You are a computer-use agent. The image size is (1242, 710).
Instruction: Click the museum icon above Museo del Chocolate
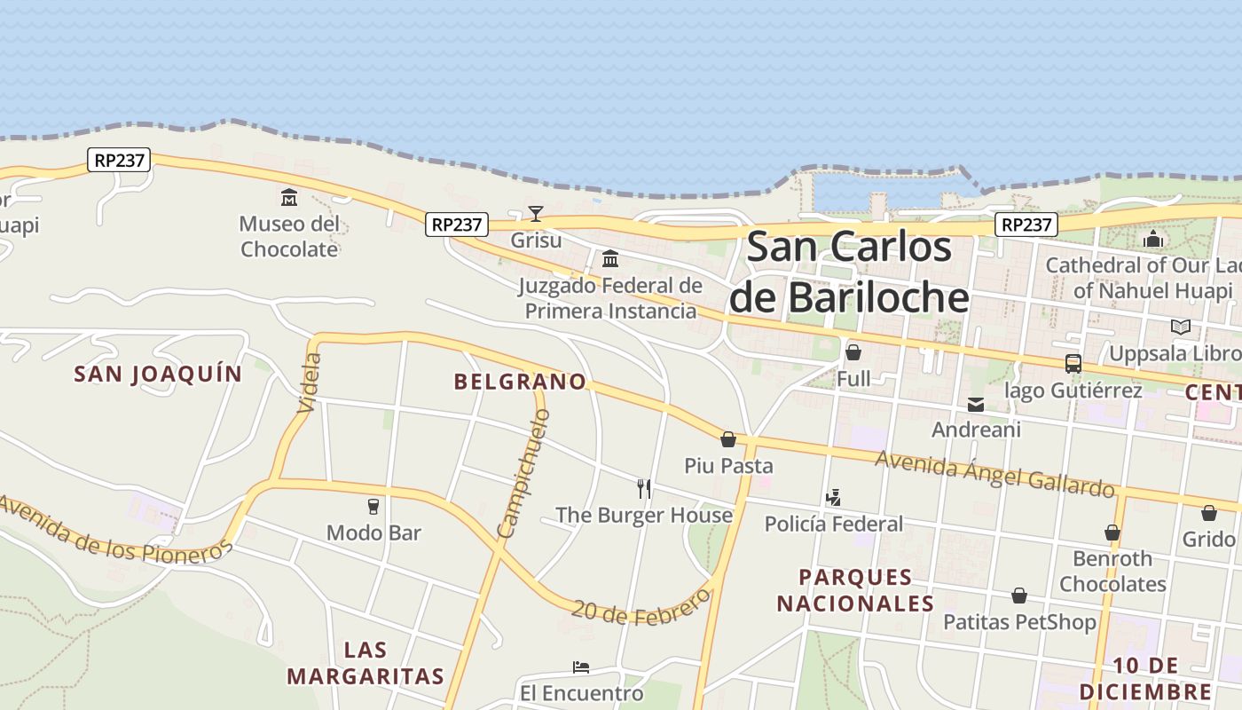[x=289, y=196]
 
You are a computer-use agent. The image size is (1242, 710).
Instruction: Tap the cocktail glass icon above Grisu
[x=536, y=213]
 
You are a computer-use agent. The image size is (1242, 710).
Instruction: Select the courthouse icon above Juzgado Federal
[x=610, y=258]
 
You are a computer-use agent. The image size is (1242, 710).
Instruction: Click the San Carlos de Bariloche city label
[x=848, y=272]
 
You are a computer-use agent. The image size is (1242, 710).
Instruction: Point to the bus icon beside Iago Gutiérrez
[x=1073, y=363]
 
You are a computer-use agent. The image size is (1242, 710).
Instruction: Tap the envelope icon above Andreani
[x=976, y=405]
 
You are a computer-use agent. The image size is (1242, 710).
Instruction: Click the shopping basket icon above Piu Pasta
[x=728, y=439]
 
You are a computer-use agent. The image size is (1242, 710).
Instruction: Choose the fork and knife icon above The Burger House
[x=644, y=488]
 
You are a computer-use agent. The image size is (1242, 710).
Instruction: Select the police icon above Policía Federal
[x=833, y=498]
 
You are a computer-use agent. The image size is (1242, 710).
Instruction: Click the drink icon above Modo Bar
[x=373, y=507]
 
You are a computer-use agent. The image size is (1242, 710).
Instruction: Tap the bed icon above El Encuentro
[x=581, y=667]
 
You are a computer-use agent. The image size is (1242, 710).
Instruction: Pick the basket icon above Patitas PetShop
[x=1019, y=596]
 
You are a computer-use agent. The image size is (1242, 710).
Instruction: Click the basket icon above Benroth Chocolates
[x=1112, y=532]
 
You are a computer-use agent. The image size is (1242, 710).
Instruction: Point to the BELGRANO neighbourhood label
[x=520, y=382]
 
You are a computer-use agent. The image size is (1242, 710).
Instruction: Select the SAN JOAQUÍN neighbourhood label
[x=158, y=374]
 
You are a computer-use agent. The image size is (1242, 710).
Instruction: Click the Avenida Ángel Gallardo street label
[x=994, y=474]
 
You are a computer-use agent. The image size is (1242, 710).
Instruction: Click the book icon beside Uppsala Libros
[x=1180, y=327]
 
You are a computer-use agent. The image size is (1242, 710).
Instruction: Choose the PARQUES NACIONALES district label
[x=856, y=590]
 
